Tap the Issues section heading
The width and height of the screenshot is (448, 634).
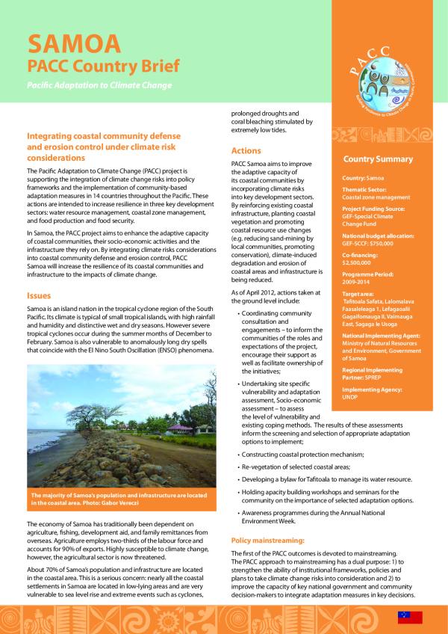pos(39,295)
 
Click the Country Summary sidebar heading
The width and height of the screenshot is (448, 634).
pos(377,159)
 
